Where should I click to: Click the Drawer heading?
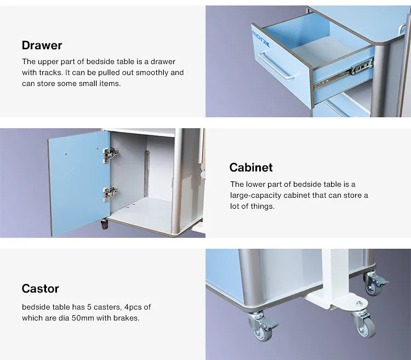click(x=42, y=45)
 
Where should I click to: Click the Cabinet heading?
click(x=250, y=168)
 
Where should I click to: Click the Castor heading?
click(x=40, y=289)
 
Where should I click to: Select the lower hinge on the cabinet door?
click(x=110, y=192)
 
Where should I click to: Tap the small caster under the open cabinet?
click(x=104, y=224)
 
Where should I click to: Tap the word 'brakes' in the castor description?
click(x=127, y=318)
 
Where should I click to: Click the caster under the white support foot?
click(x=364, y=324)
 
